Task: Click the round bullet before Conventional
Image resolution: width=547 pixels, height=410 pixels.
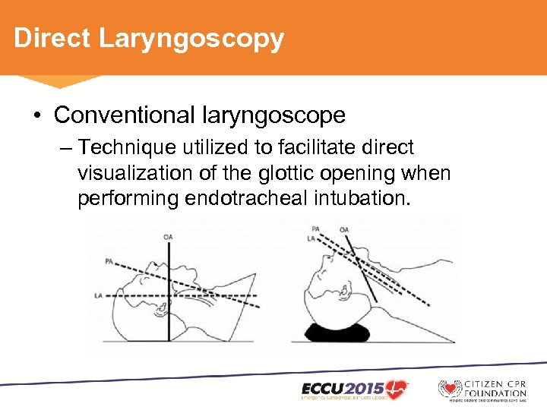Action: tap(36, 116)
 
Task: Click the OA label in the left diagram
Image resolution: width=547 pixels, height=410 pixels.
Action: tap(168, 237)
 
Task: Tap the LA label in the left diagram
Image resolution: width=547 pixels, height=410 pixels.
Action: tap(98, 295)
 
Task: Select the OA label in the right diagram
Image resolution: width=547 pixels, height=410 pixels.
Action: tap(344, 229)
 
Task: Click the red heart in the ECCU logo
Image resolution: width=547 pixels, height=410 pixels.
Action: tap(395, 387)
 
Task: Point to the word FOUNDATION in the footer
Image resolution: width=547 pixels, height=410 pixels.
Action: tap(495, 393)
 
